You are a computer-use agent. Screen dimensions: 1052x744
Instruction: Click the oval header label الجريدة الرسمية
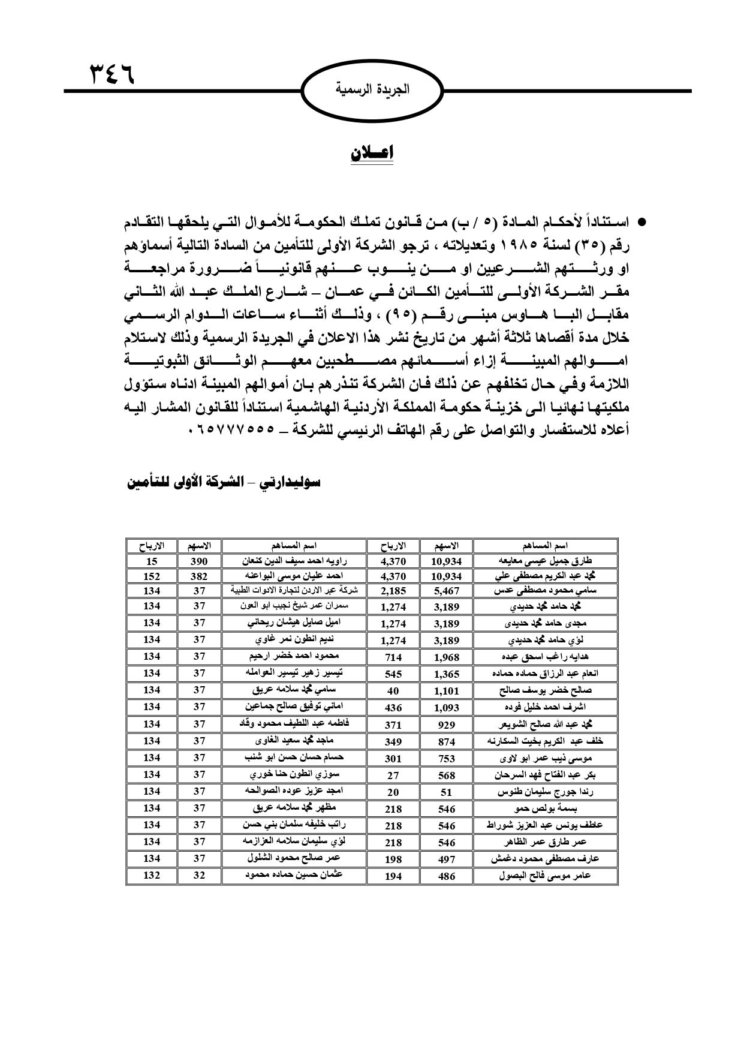tap(372, 91)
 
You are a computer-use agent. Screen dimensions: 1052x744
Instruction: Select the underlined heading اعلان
tap(372, 154)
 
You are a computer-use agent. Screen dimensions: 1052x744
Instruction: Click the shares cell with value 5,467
tap(446, 591)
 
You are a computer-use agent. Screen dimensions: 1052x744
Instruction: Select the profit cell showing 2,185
tap(393, 591)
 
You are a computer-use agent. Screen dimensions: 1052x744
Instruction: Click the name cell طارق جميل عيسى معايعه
tap(545, 561)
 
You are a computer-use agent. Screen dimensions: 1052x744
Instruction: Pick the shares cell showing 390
tap(199, 561)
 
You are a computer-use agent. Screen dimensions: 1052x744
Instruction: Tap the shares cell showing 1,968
tap(446, 657)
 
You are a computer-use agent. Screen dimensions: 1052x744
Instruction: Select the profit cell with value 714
tap(393, 657)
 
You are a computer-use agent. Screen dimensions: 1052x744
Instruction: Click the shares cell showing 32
tap(199, 875)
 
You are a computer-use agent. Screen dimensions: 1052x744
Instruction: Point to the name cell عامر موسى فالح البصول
tap(545, 876)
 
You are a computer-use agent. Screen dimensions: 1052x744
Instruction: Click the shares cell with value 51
tap(446, 792)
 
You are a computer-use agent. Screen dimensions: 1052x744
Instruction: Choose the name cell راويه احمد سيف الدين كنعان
tap(294, 561)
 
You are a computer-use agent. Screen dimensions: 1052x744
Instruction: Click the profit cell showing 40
tap(393, 691)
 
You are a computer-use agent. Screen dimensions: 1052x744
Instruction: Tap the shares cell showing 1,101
tap(446, 691)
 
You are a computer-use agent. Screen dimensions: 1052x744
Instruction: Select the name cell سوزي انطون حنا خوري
tap(294, 774)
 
